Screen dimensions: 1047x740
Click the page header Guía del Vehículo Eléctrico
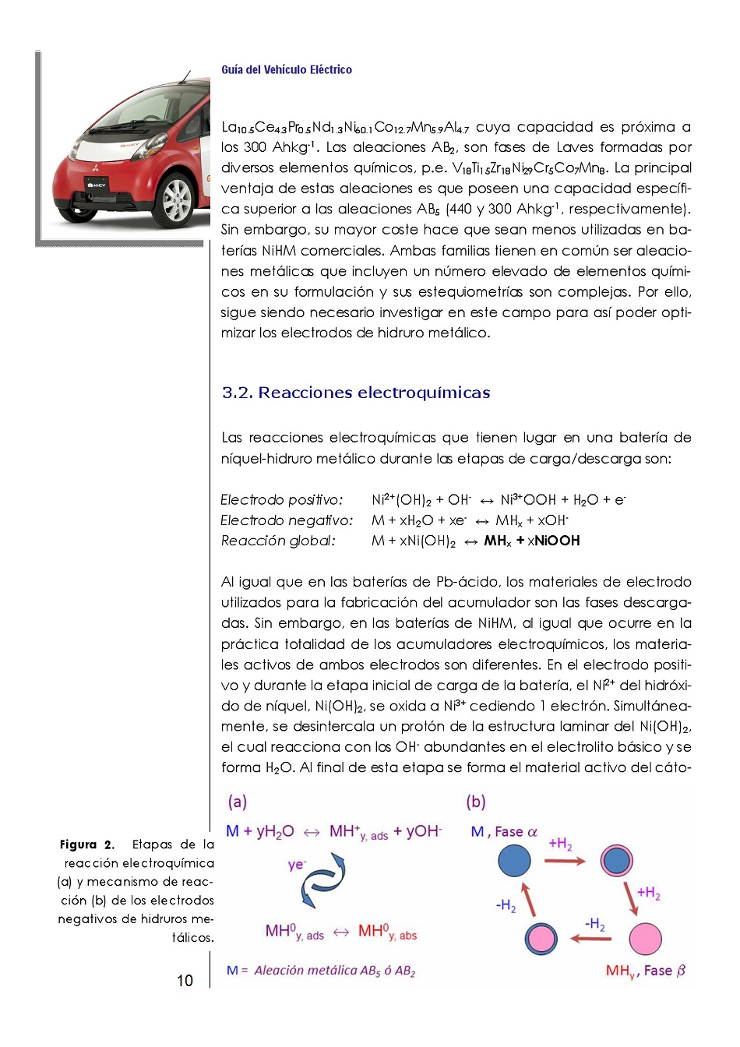tap(286, 70)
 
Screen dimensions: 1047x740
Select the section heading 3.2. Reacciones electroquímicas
tap(355, 393)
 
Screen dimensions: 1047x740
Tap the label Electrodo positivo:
tap(281, 500)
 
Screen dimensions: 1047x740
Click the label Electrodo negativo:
tap(286, 520)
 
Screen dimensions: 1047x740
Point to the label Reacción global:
tap(277, 541)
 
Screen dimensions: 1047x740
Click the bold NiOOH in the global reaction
tap(557, 541)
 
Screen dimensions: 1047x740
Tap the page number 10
tap(185, 981)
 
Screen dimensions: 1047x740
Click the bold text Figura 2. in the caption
tap(86, 844)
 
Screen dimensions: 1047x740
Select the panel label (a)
tap(237, 802)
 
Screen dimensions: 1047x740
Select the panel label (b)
tap(475, 802)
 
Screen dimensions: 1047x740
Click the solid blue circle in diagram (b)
tap(513, 861)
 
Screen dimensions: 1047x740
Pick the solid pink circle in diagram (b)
tap(644, 939)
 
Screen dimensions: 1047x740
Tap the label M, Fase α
tap(503, 832)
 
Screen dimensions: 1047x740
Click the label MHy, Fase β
tap(645, 971)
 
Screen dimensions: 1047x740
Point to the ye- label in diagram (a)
tap(297, 865)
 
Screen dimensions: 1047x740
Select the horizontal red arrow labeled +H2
tap(564, 861)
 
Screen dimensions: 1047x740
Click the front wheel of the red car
tap(177, 199)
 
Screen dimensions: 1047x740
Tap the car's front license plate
tap(100, 185)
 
